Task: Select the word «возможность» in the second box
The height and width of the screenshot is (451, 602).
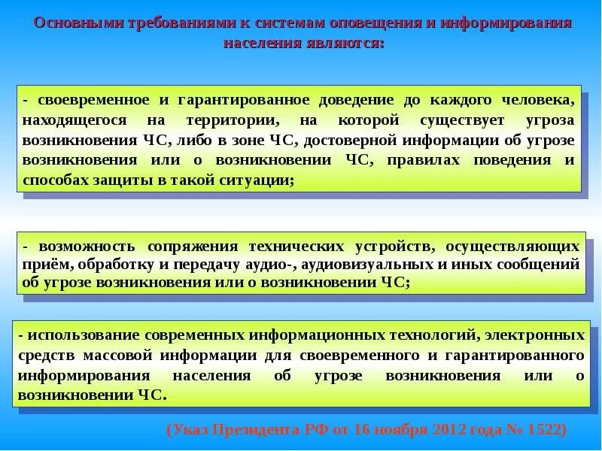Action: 84,246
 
